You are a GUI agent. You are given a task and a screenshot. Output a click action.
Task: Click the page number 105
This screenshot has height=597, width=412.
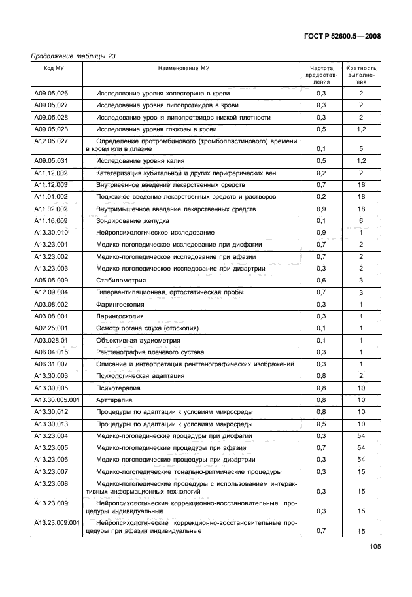(x=374, y=547)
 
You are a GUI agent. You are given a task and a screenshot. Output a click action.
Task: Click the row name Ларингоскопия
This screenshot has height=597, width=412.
(x=120, y=316)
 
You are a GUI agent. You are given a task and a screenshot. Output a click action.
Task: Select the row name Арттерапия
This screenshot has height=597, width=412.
(x=114, y=399)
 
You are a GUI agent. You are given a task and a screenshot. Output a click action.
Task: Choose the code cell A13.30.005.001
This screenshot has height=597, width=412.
(x=57, y=399)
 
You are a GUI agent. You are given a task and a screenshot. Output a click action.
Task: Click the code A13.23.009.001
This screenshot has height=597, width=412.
(x=57, y=523)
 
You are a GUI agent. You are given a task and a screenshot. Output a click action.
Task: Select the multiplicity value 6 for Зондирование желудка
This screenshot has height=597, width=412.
(x=360, y=221)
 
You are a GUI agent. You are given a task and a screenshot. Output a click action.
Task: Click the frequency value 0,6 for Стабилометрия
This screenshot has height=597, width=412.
(x=321, y=281)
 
